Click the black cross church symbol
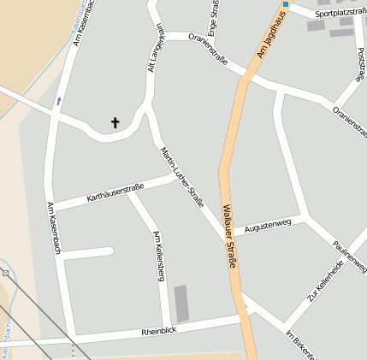[x=115, y=123]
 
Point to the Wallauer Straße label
[x=228, y=236]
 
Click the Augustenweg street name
[x=268, y=225]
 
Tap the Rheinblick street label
[x=158, y=331]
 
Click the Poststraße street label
[x=359, y=65]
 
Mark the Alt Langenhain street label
[x=155, y=49]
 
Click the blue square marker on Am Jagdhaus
[x=286, y=4]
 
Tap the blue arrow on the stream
[x=58, y=101]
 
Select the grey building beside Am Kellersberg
[x=181, y=304]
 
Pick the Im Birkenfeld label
[x=301, y=344]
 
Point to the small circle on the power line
[x=5, y=274]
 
